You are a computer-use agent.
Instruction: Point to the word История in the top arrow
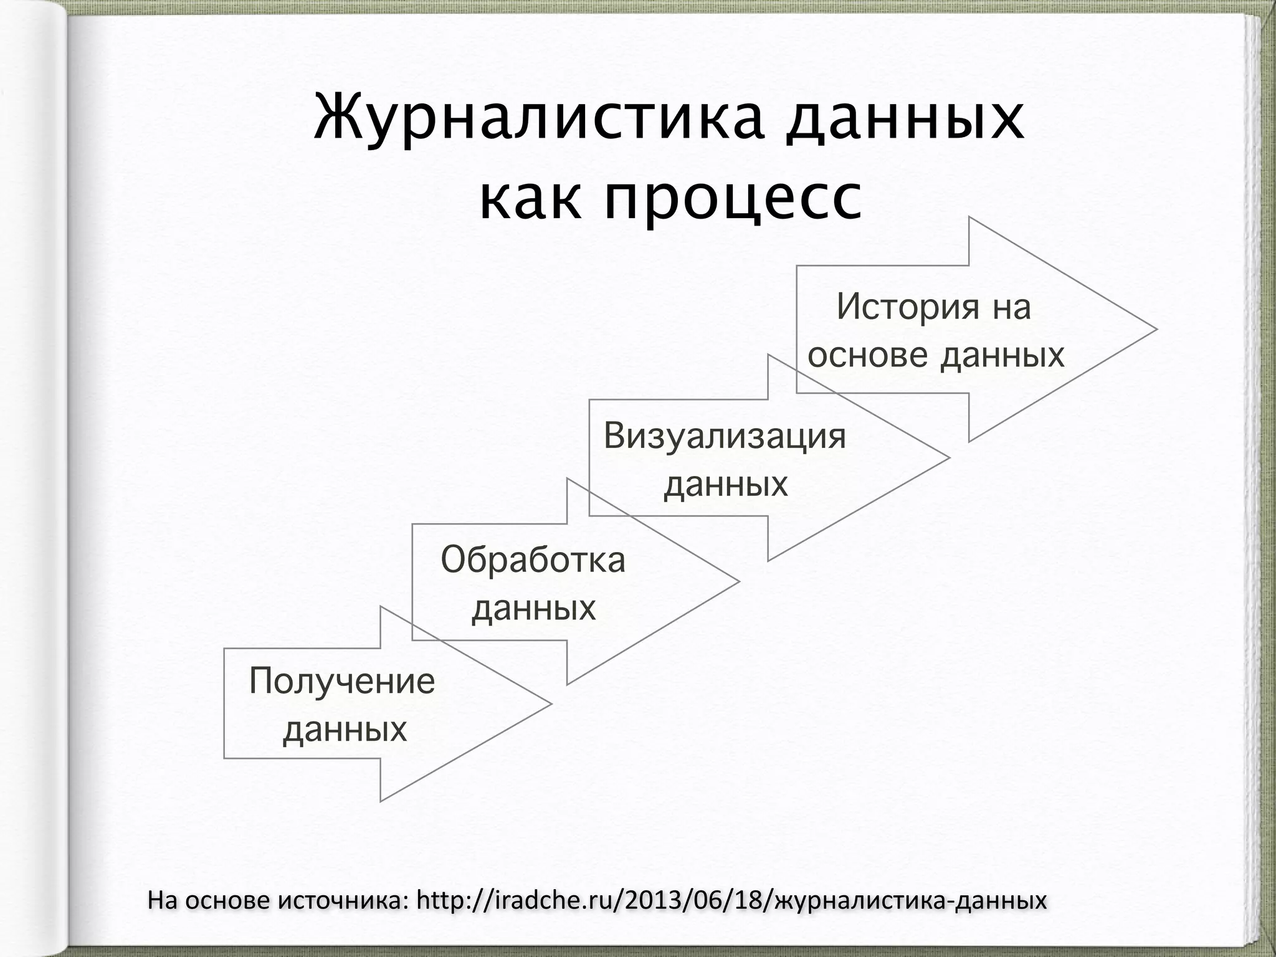point(907,307)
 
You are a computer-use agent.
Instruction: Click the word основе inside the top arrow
point(868,355)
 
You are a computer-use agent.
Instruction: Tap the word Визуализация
point(725,436)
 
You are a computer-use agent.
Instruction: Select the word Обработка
point(533,559)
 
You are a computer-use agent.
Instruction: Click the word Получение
point(342,681)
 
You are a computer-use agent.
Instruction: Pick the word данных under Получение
point(345,728)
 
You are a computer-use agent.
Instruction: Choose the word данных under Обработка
point(534,607)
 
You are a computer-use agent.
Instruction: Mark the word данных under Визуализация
point(726,483)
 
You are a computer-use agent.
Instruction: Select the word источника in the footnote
point(342,900)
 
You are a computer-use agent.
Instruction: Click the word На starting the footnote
point(163,900)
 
